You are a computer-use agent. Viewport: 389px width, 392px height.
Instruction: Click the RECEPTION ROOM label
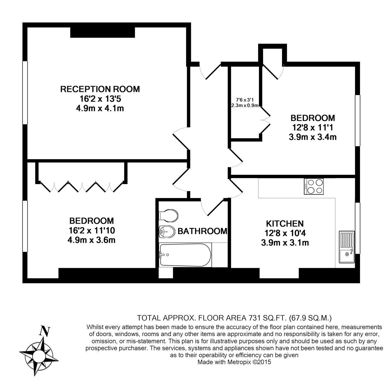pos(100,89)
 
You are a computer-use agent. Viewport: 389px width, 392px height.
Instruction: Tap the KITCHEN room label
pos(285,224)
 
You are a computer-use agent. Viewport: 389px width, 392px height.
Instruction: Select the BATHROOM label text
pos(202,231)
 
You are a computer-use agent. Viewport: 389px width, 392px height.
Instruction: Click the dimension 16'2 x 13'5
pos(100,99)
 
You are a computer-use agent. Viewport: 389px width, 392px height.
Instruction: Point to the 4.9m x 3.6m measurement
pos(91,240)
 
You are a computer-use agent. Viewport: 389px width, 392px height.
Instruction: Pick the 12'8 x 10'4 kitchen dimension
pos(285,233)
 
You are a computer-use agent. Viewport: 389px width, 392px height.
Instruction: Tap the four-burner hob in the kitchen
pos(313,186)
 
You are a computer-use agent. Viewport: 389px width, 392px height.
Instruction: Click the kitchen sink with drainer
pos(347,247)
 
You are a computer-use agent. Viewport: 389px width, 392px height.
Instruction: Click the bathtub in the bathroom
pos(185,255)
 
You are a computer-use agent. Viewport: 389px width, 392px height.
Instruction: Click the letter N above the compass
pos(44,331)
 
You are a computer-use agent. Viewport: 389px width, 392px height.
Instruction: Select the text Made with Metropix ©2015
pos(234,362)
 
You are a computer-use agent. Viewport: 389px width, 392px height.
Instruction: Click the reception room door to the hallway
pos(181,139)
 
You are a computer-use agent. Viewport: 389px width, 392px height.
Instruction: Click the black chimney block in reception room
pos(102,32)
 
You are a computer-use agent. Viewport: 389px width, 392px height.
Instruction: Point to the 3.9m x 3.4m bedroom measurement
pos(312,137)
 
